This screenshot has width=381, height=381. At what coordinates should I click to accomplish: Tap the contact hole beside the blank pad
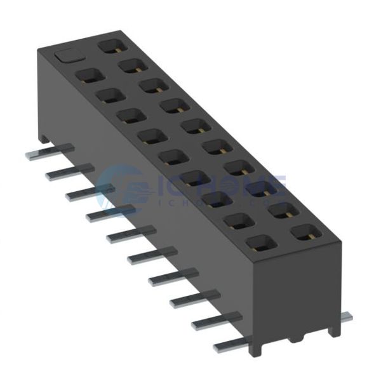pyautogui.click(x=110, y=45)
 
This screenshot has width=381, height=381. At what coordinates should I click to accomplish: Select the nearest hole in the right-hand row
pyautogui.click(x=304, y=232)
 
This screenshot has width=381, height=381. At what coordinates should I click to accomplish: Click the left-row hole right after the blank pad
pyautogui.click(x=90, y=76)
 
